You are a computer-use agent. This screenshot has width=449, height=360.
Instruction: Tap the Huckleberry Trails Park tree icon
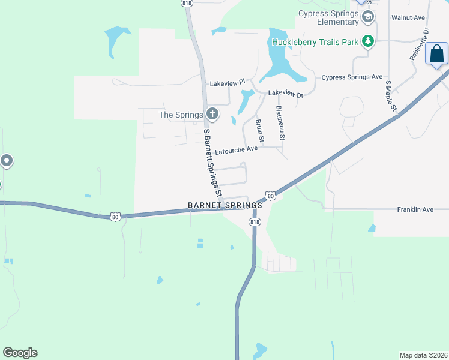(368, 42)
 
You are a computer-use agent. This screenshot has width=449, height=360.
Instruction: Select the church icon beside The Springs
(211, 113)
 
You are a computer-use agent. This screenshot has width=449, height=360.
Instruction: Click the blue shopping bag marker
(436, 54)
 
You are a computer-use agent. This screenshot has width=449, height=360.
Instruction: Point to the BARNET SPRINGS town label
(224, 205)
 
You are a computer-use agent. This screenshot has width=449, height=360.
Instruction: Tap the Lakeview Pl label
(228, 83)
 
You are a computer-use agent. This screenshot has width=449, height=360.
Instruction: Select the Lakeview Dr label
(286, 94)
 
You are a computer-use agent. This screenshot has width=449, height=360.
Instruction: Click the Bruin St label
(259, 131)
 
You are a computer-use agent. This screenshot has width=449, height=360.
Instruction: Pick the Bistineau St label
(280, 124)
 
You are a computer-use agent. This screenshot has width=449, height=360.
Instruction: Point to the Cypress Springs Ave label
(352, 77)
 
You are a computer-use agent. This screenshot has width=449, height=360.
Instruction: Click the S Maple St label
(391, 97)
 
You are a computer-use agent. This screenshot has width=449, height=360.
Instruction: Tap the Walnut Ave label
(408, 18)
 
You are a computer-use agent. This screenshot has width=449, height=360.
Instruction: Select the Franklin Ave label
(415, 209)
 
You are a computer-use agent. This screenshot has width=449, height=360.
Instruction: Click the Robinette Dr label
(418, 44)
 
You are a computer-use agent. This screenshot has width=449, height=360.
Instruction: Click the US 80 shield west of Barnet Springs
(115, 215)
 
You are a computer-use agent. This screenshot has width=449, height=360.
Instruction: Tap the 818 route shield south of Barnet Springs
(255, 222)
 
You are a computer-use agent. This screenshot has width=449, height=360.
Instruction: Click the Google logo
(20, 353)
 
